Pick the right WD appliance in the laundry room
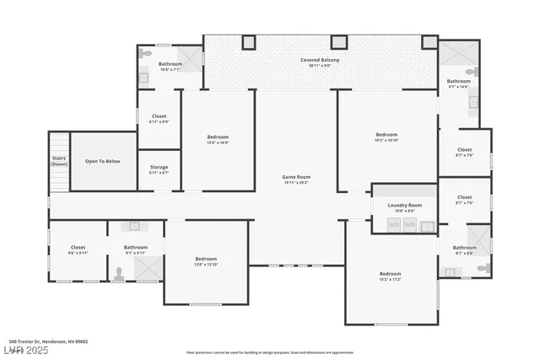click(x=409, y=225)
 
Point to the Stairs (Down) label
click(x=58, y=161)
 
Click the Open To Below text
click(x=103, y=161)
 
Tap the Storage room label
click(x=159, y=169)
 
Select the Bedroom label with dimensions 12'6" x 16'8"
click(x=218, y=139)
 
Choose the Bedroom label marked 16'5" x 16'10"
click(x=386, y=137)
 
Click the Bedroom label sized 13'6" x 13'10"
click(x=207, y=261)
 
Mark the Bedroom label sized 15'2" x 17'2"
click(x=390, y=276)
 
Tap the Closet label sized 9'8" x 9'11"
click(x=78, y=250)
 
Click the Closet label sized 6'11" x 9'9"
click(x=159, y=119)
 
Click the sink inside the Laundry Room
click(x=428, y=226)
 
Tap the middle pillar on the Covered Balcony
click(x=339, y=41)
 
